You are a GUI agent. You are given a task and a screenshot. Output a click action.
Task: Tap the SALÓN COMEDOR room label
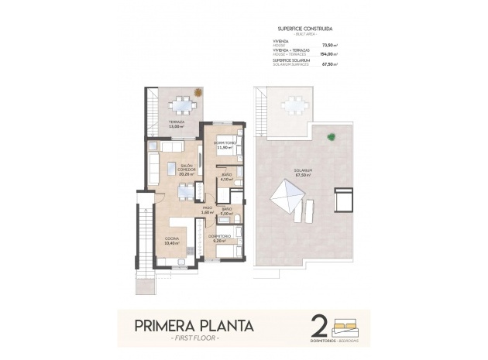tap(185, 170)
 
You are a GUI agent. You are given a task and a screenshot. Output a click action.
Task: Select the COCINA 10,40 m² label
tap(172, 241)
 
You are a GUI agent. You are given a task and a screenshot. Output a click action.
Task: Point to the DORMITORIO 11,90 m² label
tap(224, 145)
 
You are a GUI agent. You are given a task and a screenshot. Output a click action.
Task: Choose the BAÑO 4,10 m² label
tap(226, 177)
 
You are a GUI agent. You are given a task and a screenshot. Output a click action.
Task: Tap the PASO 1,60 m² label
tap(207, 210)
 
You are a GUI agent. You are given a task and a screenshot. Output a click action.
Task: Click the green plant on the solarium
tap(331, 138)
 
